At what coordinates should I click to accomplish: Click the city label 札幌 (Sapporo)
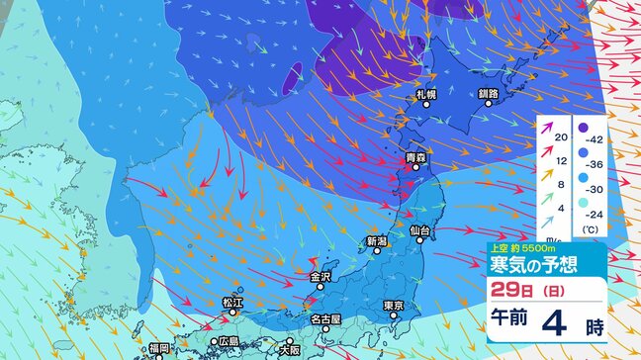pyautogui.click(x=425, y=94)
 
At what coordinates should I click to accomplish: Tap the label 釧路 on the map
pyautogui.click(x=489, y=94)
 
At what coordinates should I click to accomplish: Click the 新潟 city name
pyautogui.click(x=376, y=241)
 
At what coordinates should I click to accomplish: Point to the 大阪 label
pyautogui.click(x=289, y=349)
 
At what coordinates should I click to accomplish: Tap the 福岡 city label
pyautogui.click(x=160, y=348)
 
